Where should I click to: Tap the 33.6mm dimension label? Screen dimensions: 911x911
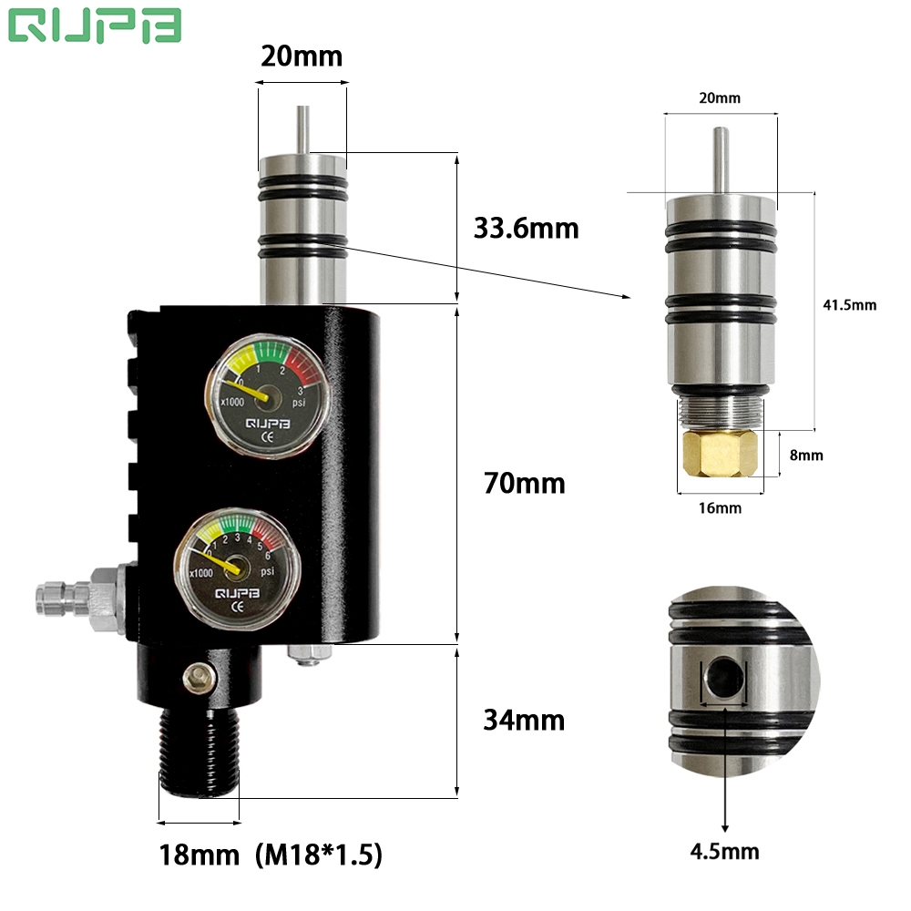[526, 228]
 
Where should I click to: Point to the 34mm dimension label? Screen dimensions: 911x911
[524, 721]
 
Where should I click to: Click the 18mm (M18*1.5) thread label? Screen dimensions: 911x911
[270, 855]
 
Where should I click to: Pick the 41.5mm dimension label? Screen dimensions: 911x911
[849, 305]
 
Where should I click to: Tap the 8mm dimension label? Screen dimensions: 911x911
[805, 455]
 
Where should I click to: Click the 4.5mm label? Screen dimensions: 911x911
[725, 852]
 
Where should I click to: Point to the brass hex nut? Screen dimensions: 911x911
[717, 453]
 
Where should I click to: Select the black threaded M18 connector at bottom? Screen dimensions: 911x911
[199, 752]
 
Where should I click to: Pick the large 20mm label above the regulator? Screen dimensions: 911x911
[301, 56]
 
